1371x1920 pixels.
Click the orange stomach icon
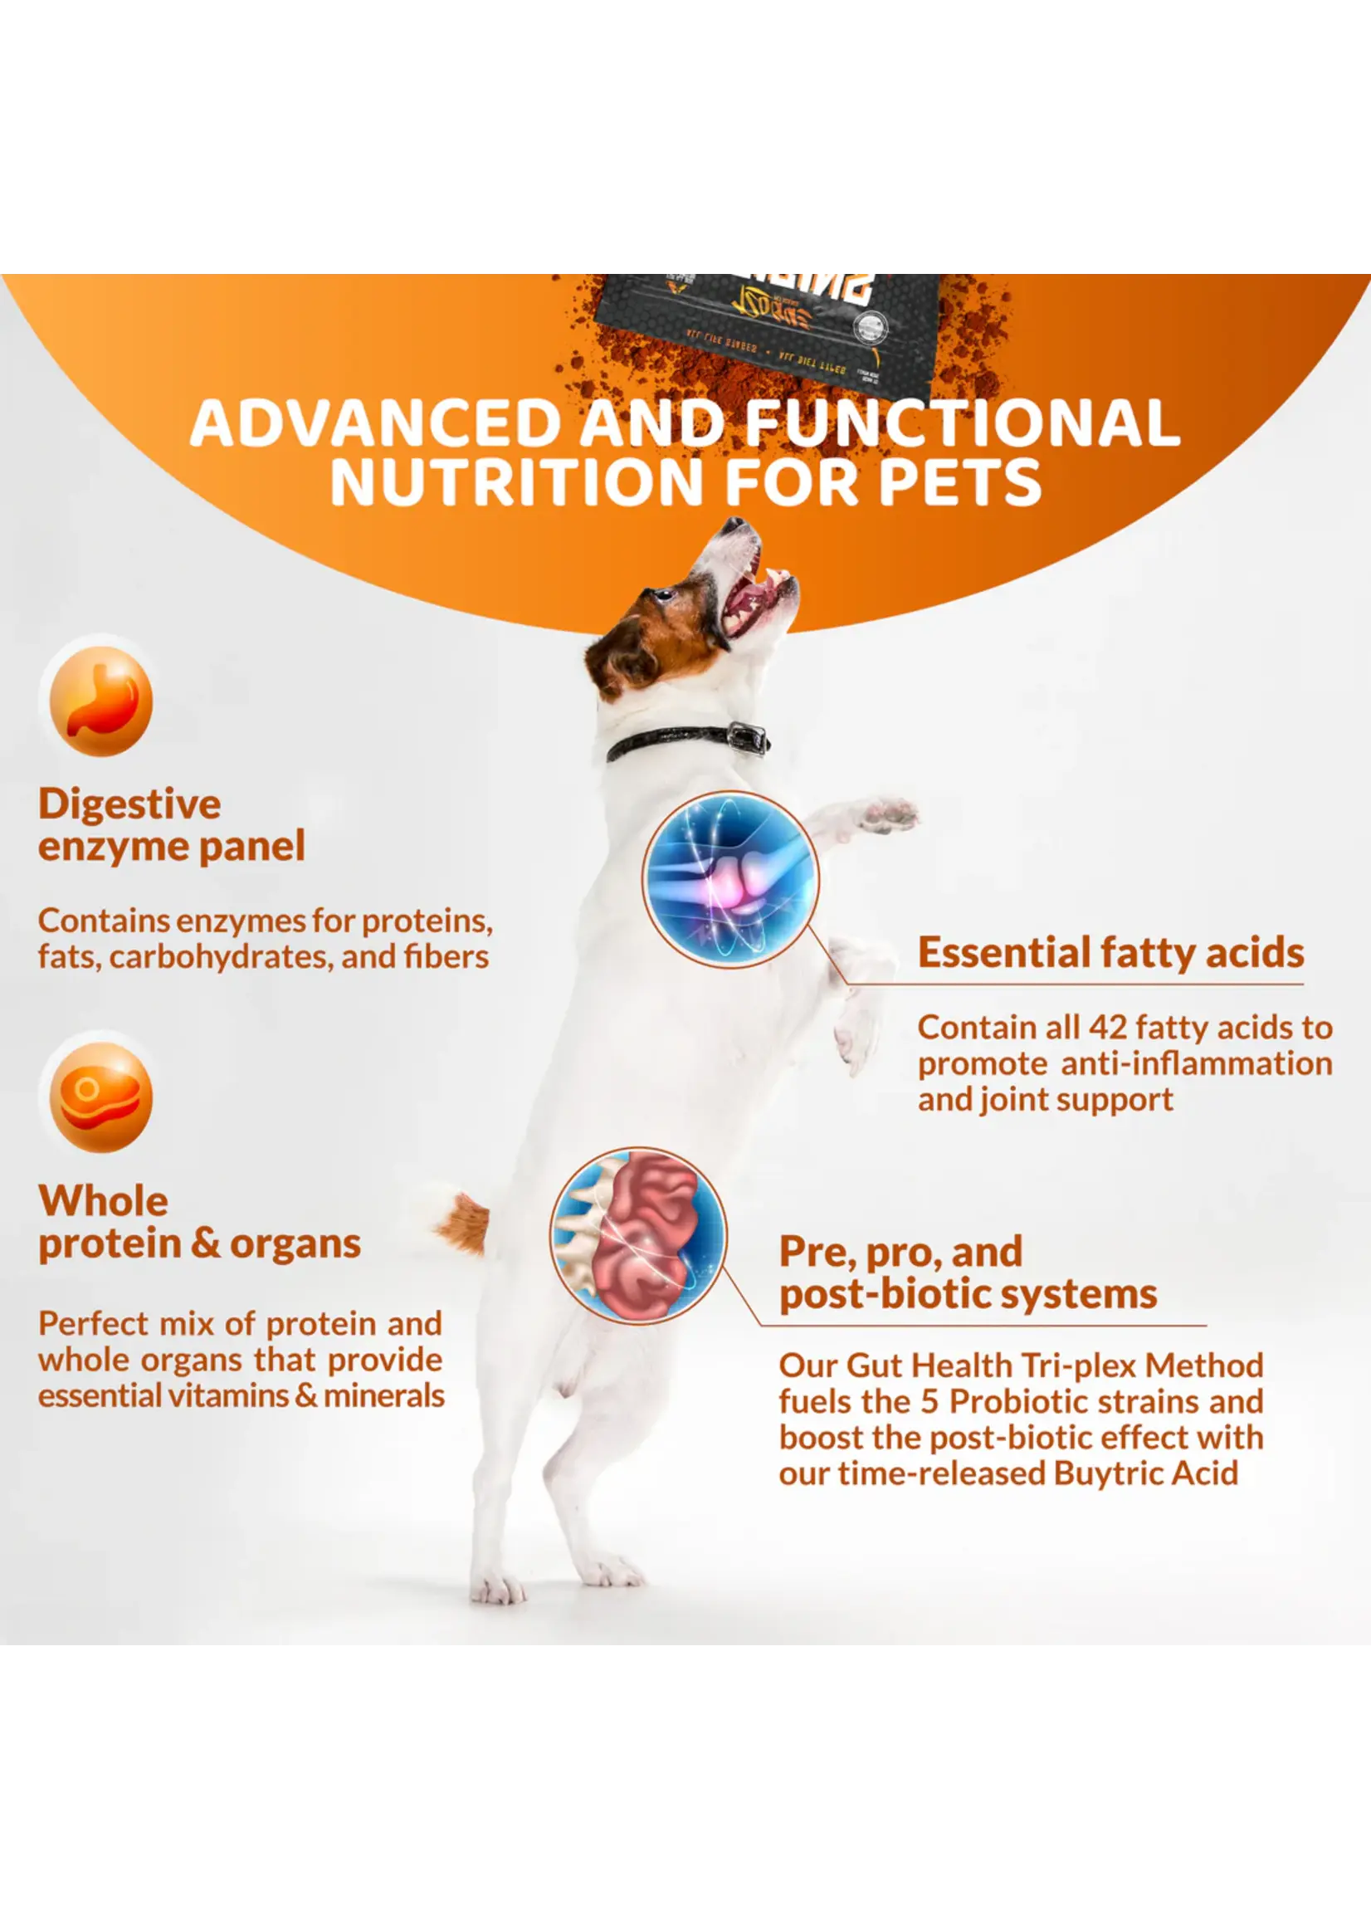[101, 700]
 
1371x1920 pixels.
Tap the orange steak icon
[101, 1097]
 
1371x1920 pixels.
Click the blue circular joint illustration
[730, 878]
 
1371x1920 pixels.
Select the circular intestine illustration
[639, 1235]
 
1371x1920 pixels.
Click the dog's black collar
[688, 740]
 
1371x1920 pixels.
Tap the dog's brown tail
[463, 1222]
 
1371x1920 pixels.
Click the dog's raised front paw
[886, 813]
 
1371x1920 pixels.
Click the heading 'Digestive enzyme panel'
[171, 825]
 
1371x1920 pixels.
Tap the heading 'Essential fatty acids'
[1110, 951]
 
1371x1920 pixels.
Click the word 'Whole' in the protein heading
[103, 1200]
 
